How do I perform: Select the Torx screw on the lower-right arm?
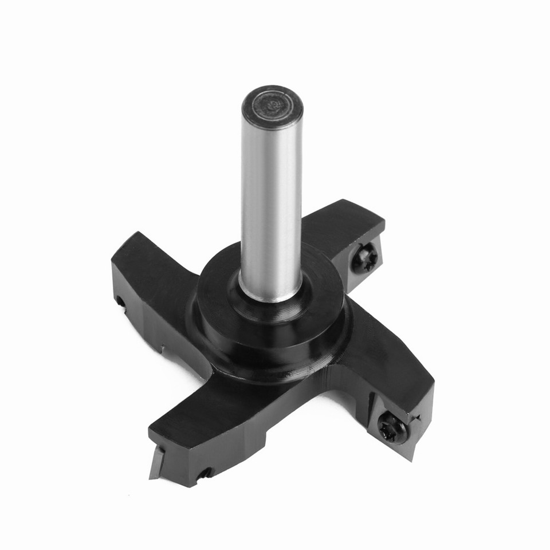coord(392,427)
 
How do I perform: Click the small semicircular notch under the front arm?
coord(204,473)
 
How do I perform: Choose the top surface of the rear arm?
coord(338,223)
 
